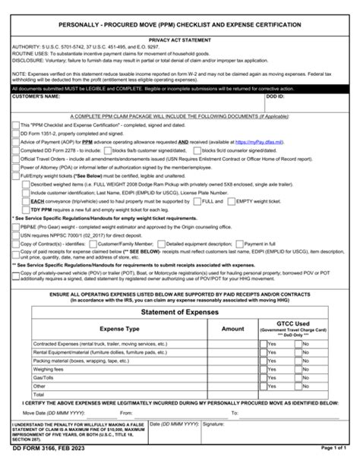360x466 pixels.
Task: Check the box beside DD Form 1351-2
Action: click(14, 132)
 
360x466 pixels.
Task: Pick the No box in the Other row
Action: click(297, 385)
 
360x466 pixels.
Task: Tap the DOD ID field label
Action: click(277, 97)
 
